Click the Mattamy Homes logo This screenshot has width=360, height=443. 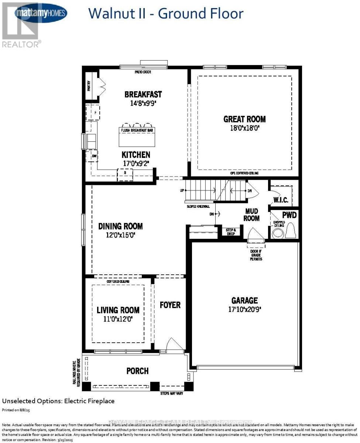pos(41,13)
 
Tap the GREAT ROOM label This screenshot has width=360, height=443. pos(244,119)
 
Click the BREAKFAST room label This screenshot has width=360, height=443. pos(143,95)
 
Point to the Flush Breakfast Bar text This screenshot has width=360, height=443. pos(137,130)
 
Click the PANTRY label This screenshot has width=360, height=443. pos(89,86)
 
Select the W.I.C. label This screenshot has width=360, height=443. pos(280,200)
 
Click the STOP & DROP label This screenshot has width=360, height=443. pos(231,231)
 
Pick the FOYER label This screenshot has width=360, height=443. pos(170,305)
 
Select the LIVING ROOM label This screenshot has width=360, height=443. pos(118,310)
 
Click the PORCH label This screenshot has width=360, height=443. pos(137,371)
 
